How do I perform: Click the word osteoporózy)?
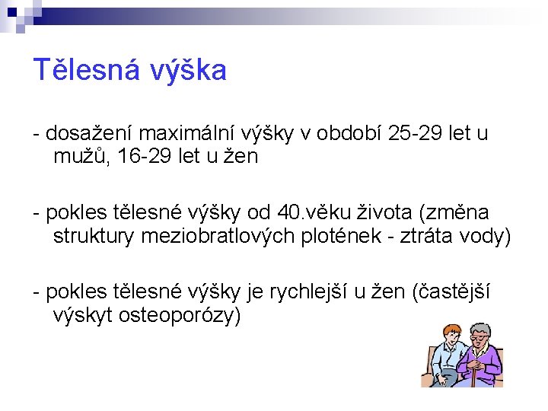(x=180, y=314)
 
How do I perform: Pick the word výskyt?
(x=83, y=314)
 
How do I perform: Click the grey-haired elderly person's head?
(x=482, y=336)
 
